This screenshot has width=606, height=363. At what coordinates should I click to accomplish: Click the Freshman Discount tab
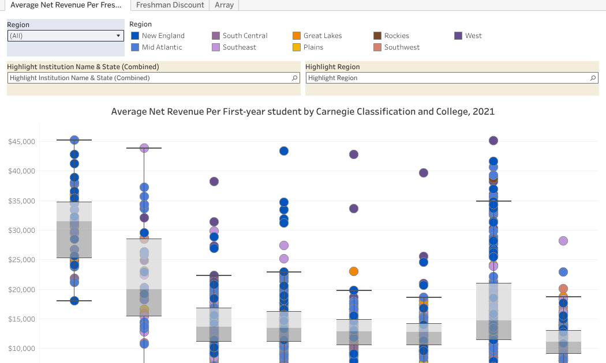(x=170, y=5)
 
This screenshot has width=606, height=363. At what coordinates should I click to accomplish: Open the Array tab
(x=224, y=5)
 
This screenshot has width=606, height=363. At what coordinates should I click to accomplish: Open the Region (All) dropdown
(x=66, y=36)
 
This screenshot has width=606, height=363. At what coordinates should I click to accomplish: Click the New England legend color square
(x=135, y=36)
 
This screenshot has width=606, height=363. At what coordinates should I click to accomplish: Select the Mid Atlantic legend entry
(x=162, y=47)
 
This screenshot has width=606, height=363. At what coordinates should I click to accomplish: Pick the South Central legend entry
(x=245, y=36)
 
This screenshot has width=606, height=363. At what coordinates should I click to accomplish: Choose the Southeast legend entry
(x=239, y=47)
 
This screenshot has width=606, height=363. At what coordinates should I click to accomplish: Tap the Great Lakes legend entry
(x=322, y=36)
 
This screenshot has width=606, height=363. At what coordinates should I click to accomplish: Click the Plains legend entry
(x=313, y=47)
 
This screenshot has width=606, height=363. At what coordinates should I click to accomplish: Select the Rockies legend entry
(x=396, y=36)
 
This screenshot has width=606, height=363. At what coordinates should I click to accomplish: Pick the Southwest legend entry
(x=402, y=47)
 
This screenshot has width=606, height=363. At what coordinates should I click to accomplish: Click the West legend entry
(x=473, y=36)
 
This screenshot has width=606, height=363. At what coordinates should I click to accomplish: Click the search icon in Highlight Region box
(x=593, y=78)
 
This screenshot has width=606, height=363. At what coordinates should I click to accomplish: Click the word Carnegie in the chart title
(x=336, y=111)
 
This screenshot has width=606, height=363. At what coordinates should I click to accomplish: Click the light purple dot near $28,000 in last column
(x=563, y=241)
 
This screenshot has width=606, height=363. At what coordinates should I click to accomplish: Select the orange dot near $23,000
(x=354, y=271)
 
